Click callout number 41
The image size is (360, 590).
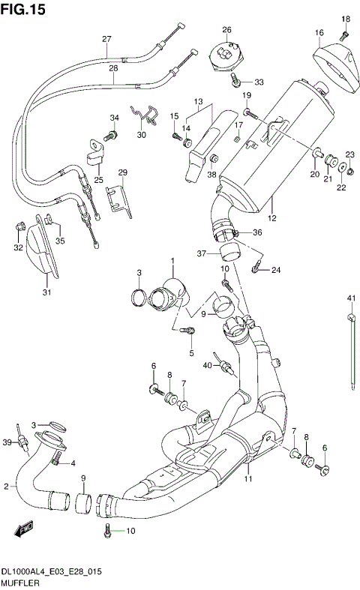click(349, 300)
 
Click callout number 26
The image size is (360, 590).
click(226, 29)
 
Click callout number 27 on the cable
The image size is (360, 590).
click(106, 39)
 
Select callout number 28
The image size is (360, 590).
click(112, 68)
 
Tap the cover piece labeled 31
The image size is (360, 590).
click(42, 251)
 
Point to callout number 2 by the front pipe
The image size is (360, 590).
click(6, 487)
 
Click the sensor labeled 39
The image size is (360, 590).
click(25, 449)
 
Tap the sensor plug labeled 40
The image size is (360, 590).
click(223, 367)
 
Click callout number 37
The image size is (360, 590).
click(202, 253)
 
